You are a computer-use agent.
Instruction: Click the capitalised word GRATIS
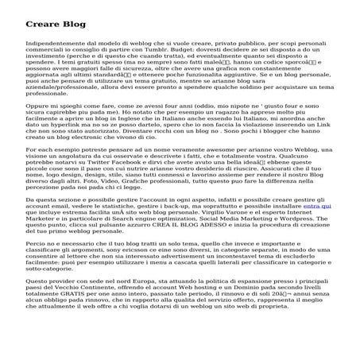(x=83, y=319)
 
